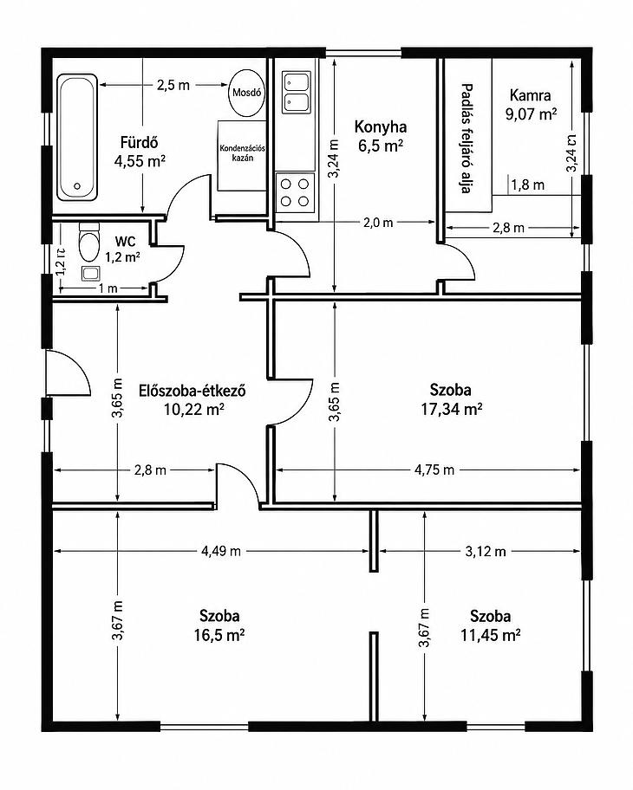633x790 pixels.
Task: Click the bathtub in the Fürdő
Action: click(76, 138)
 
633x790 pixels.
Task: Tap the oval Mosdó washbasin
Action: click(246, 94)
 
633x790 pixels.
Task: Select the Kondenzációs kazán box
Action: click(242, 155)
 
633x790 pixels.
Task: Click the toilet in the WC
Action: click(89, 242)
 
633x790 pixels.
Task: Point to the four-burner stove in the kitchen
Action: click(295, 192)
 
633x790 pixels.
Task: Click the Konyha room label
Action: click(381, 126)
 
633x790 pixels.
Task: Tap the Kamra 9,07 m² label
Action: click(531, 105)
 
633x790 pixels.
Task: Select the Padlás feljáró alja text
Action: click(467, 138)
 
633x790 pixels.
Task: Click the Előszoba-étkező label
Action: click(193, 391)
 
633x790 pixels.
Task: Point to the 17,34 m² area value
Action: click(452, 409)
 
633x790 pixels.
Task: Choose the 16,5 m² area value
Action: click(219, 635)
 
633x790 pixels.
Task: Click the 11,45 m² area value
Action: click(490, 635)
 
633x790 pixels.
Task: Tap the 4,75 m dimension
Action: click(434, 470)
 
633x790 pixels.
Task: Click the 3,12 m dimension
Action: click(486, 551)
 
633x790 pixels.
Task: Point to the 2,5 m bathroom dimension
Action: click(173, 85)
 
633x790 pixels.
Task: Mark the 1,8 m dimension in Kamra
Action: click(527, 185)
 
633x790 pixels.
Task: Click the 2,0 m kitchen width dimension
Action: click(378, 222)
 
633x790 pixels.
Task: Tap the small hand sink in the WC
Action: click(90, 274)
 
